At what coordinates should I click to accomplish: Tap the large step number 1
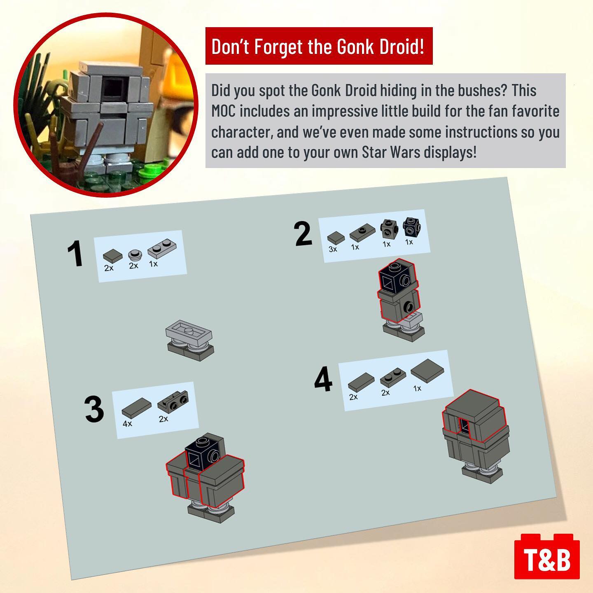pos(75,254)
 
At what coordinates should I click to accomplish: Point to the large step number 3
pos(94,409)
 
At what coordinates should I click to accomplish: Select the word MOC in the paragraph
pos(223,111)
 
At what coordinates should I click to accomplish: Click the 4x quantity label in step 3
pos(127,424)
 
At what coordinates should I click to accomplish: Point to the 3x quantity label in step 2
pos(333,249)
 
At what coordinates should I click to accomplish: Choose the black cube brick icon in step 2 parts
pos(412,227)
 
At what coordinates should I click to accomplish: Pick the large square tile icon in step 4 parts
pos(427,371)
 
